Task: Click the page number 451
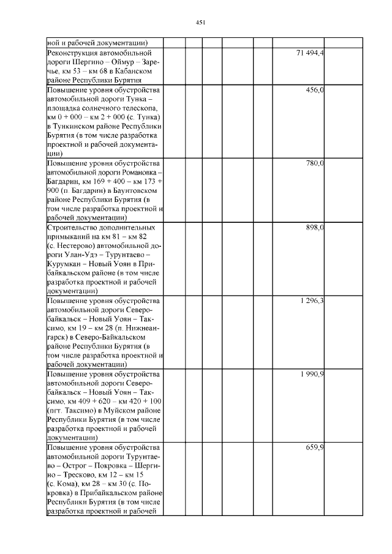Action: pos(200,22)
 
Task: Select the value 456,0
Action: pos(315,90)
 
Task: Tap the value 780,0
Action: pos(315,163)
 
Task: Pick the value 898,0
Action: pos(315,228)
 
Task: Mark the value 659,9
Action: pos(315,447)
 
